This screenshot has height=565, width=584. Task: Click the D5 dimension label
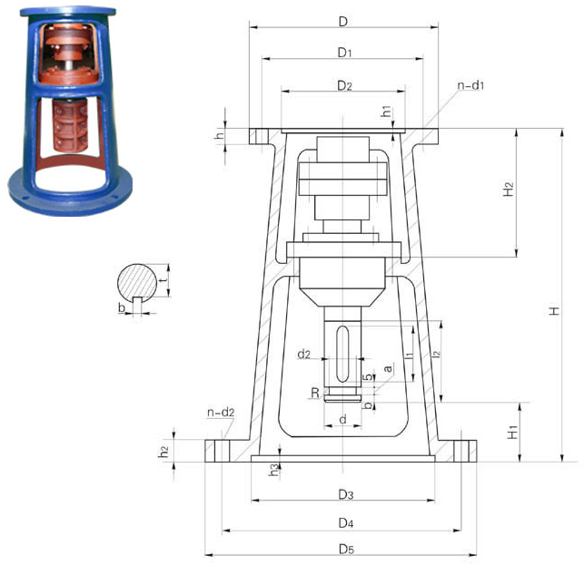click(x=346, y=549)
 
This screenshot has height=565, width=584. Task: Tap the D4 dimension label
click(x=346, y=523)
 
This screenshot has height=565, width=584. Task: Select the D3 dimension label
click(x=346, y=494)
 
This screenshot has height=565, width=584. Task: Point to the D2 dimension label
click(x=344, y=86)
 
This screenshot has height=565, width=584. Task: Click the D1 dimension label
click(x=344, y=53)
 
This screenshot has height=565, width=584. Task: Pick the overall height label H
click(x=555, y=311)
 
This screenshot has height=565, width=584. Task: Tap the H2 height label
click(x=508, y=189)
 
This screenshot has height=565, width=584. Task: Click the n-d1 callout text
click(x=470, y=85)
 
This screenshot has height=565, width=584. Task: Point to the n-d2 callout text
click(x=221, y=413)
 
